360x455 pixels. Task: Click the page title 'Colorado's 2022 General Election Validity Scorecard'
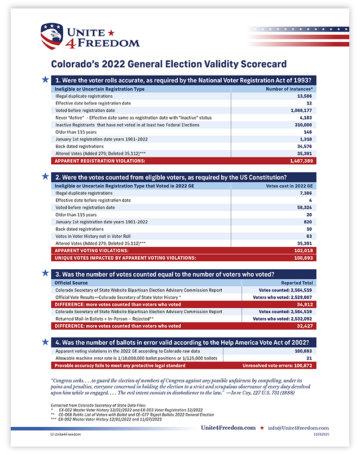168,64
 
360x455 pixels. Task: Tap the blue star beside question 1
45,80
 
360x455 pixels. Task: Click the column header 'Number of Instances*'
289,89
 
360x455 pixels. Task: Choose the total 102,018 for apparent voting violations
300,250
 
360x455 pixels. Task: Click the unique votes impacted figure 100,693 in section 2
300,257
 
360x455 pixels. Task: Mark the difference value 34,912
303,304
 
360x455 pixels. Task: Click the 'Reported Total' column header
297,282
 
